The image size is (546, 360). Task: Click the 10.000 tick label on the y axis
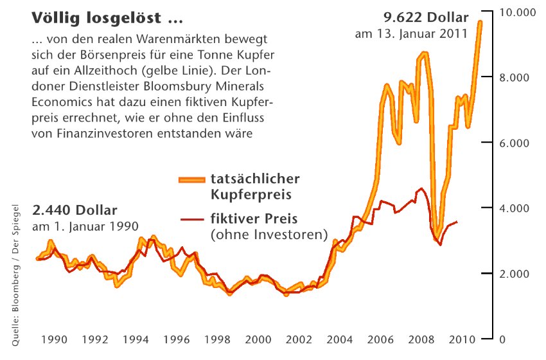[517, 13]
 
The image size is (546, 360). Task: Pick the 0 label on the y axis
[503, 339]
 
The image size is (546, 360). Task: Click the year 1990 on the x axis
[57, 339]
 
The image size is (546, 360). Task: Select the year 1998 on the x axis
[217, 339]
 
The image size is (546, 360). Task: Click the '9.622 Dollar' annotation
[426, 17]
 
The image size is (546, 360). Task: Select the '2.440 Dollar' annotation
[75, 210]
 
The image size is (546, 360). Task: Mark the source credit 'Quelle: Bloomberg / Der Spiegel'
[17, 277]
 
